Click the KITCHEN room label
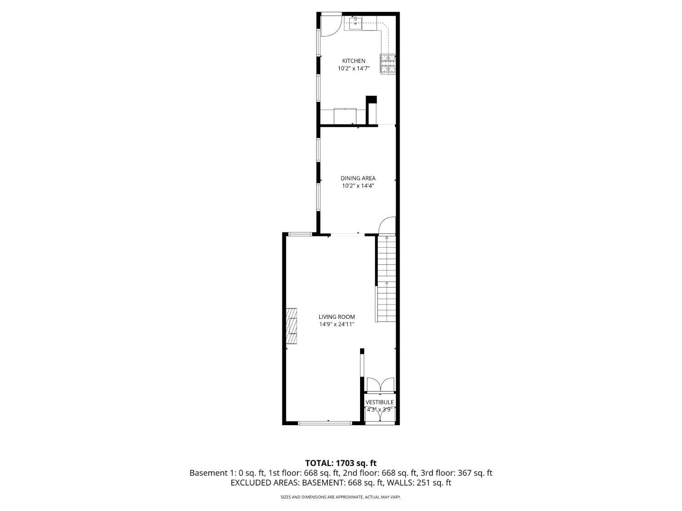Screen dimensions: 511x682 (x=353, y=61)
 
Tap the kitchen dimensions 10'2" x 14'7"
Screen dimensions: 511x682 (x=353, y=69)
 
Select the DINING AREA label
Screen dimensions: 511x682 (x=358, y=178)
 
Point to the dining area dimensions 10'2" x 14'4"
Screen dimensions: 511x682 (x=358, y=186)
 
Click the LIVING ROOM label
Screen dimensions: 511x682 (x=336, y=317)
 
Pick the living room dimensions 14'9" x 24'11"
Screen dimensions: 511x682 (x=336, y=324)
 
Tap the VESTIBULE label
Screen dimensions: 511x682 (x=380, y=402)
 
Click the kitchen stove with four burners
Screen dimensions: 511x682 (x=388, y=64)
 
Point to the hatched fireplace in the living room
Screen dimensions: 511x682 (x=291, y=326)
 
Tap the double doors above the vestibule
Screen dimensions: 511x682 (x=380, y=385)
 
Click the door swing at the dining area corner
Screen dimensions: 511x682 (x=387, y=226)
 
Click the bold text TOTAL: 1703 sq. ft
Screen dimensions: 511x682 (x=341, y=463)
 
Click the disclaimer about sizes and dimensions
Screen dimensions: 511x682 (x=341, y=497)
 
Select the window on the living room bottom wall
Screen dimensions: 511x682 (x=325, y=423)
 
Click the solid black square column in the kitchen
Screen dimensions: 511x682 (x=371, y=100)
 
